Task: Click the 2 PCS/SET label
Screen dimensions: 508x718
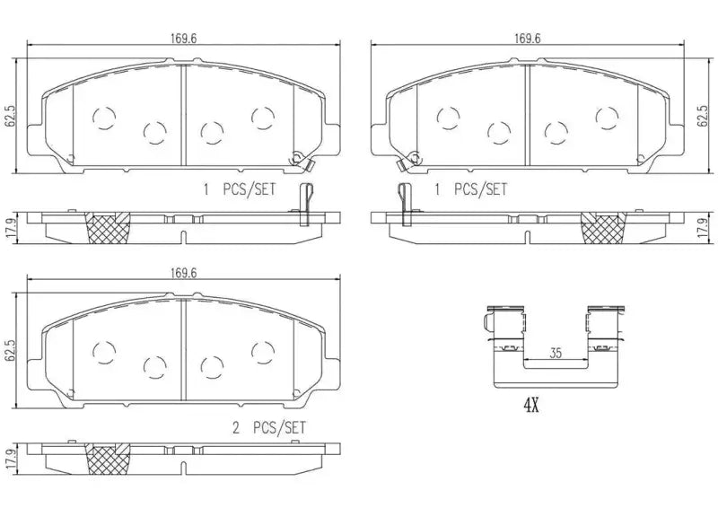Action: click(x=268, y=429)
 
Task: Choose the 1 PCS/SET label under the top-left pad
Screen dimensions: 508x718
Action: click(x=240, y=189)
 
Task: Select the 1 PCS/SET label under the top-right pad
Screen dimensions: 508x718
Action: click(x=469, y=189)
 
